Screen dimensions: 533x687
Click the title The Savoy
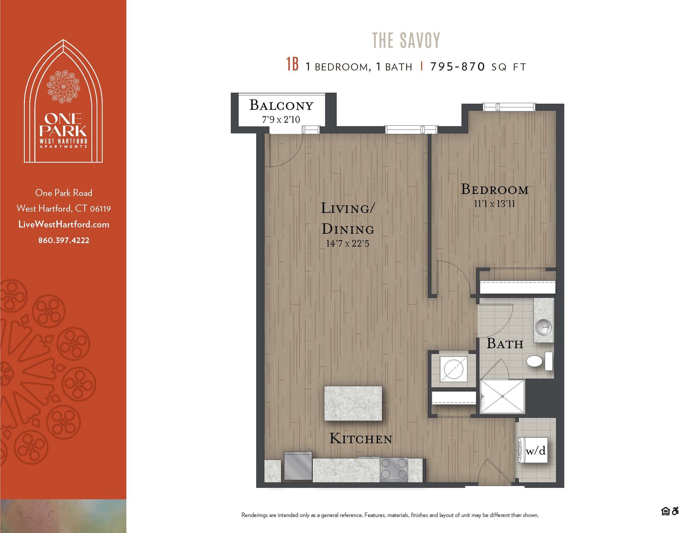click(x=406, y=40)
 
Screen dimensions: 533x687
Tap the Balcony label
click(x=281, y=105)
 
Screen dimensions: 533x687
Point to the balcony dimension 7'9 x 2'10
click(x=281, y=120)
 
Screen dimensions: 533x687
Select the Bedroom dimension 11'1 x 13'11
click(x=494, y=204)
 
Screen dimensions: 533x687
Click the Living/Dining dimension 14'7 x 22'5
click(x=347, y=244)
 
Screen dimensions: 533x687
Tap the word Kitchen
click(x=361, y=438)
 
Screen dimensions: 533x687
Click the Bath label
click(x=505, y=344)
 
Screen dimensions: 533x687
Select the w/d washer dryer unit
click(x=533, y=450)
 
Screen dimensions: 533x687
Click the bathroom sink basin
click(x=543, y=326)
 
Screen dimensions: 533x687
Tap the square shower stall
click(x=502, y=396)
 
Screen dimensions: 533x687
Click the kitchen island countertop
click(x=353, y=403)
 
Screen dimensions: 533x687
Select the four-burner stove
click(x=394, y=469)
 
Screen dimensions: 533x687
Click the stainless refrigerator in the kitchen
click(x=298, y=465)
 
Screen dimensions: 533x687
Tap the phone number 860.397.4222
click(x=64, y=240)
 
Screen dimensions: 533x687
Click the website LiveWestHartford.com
click(x=64, y=224)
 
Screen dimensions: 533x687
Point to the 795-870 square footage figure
click(x=458, y=67)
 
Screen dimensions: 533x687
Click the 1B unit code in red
click(x=292, y=64)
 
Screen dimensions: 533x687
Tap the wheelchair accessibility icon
click(x=675, y=511)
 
